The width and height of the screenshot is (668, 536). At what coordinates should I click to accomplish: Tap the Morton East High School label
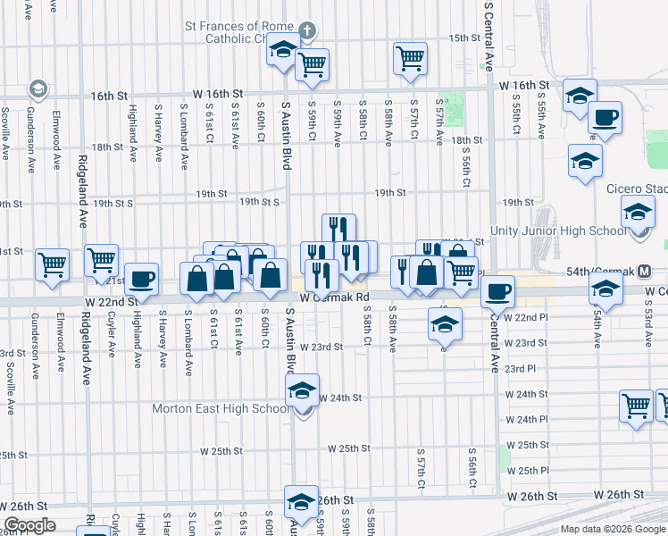[x=221, y=409]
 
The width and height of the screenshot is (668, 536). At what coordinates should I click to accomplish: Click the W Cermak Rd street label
[x=335, y=297]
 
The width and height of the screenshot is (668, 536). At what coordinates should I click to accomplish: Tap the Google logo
[x=30, y=525]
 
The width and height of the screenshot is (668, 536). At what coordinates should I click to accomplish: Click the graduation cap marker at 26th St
[x=301, y=499]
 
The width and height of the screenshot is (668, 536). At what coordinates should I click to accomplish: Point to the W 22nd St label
[x=110, y=302]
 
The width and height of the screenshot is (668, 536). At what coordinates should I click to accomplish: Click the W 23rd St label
[x=321, y=347]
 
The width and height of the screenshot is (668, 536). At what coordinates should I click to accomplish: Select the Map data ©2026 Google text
[x=612, y=529]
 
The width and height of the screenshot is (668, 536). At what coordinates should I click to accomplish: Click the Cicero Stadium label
[x=636, y=189]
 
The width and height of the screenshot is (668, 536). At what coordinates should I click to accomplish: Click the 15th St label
[x=465, y=38]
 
